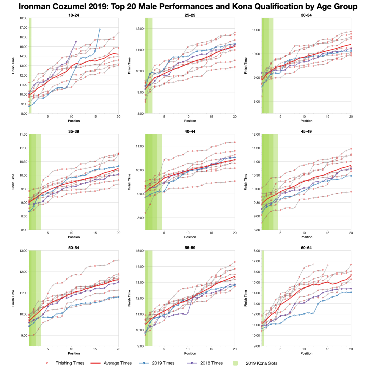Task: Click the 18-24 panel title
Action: [x=74, y=15]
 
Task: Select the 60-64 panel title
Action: [x=306, y=248]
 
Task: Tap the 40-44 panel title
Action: [x=190, y=131]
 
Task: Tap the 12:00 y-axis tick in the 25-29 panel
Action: [x=140, y=29]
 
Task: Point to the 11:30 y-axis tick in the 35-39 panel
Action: [x=24, y=134]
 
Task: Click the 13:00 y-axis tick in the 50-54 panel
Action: [x=24, y=251]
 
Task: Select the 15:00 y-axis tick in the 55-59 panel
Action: [x=140, y=251]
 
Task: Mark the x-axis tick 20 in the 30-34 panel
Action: [x=351, y=117]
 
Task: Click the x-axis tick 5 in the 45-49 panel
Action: [x=280, y=233]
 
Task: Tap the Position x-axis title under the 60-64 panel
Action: [x=306, y=353]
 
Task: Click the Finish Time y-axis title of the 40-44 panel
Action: [x=129, y=182]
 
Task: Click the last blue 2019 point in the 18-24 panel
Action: [x=100, y=29]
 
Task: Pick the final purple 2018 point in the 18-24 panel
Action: [x=76, y=41]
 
